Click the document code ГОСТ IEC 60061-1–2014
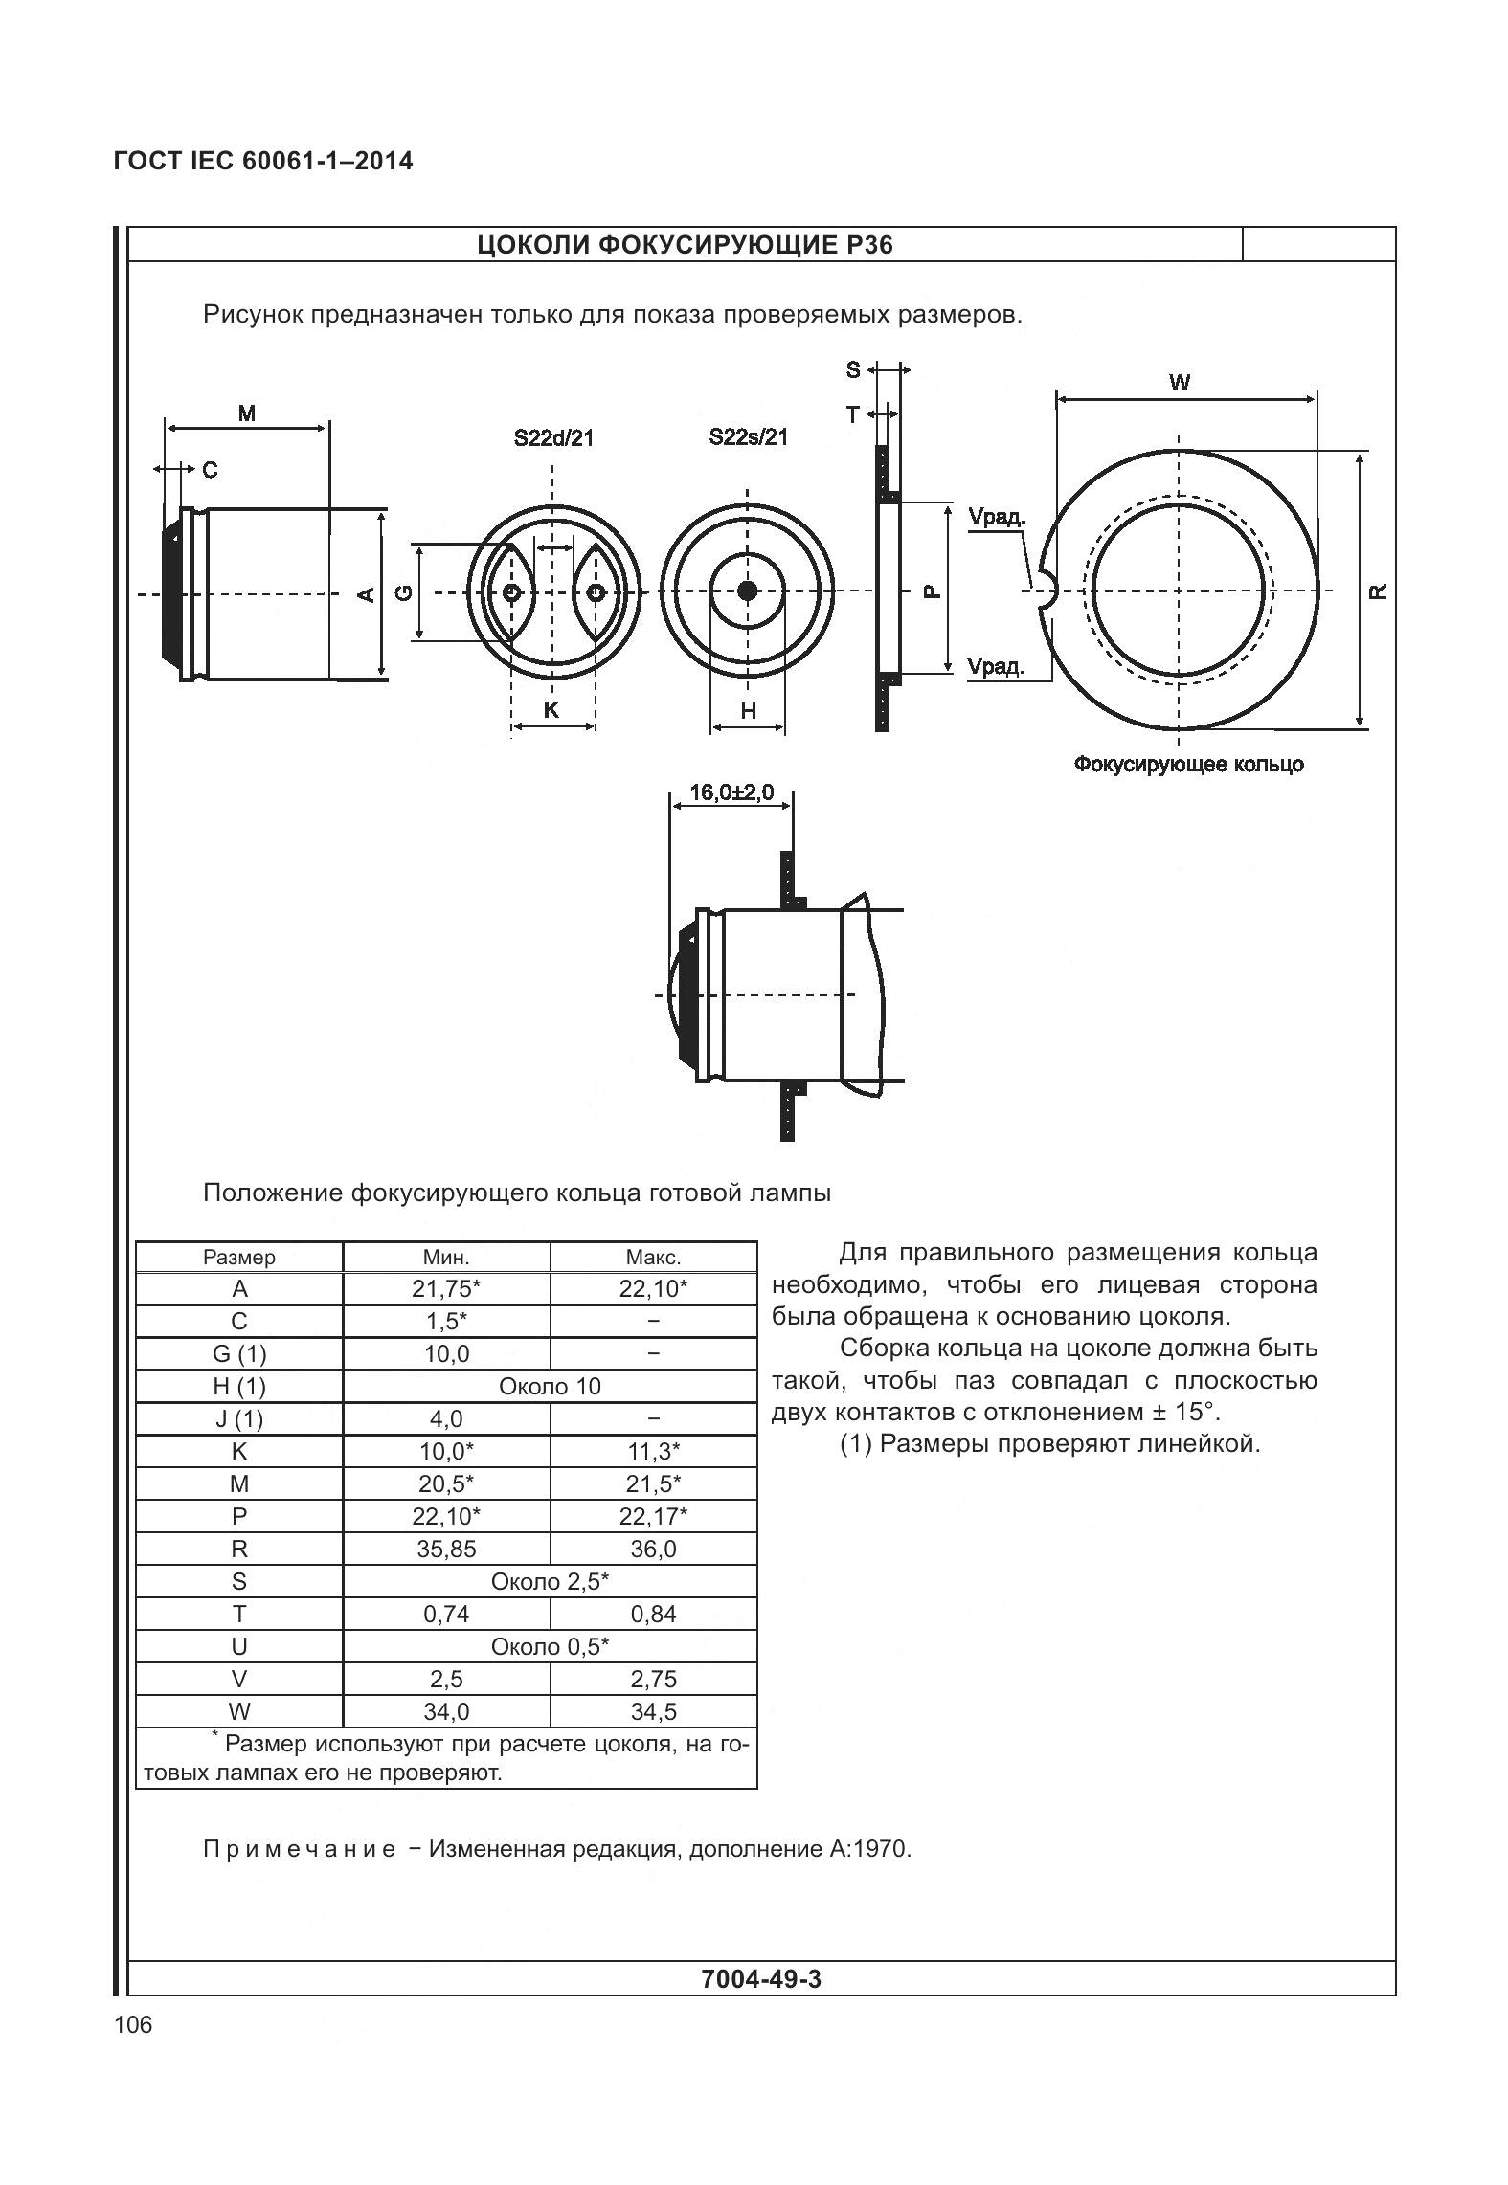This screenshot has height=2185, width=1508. (x=263, y=161)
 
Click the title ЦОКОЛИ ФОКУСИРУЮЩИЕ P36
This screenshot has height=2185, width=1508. (x=685, y=245)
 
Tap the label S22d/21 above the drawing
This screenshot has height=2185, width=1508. (x=553, y=438)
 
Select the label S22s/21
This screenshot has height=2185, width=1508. (x=748, y=437)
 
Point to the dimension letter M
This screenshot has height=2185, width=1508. (x=247, y=413)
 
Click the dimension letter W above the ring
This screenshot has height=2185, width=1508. (x=1180, y=383)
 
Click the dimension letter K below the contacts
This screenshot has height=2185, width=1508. (x=551, y=709)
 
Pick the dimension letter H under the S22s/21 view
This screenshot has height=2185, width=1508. (x=748, y=710)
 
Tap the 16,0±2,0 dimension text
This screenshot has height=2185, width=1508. (x=731, y=792)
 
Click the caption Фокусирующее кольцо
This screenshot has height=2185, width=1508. (x=1187, y=764)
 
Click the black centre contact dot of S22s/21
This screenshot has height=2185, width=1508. (x=748, y=590)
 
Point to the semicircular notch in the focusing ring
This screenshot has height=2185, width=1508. (x=1046, y=591)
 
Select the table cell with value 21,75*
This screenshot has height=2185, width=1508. (x=446, y=1288)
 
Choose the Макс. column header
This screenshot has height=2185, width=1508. (x=653, y=1257)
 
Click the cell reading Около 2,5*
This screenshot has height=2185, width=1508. (x=550, y=1581)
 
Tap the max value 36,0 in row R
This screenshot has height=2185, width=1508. (x=653, y=1549)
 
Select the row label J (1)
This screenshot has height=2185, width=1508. (x=239, y=1418)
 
